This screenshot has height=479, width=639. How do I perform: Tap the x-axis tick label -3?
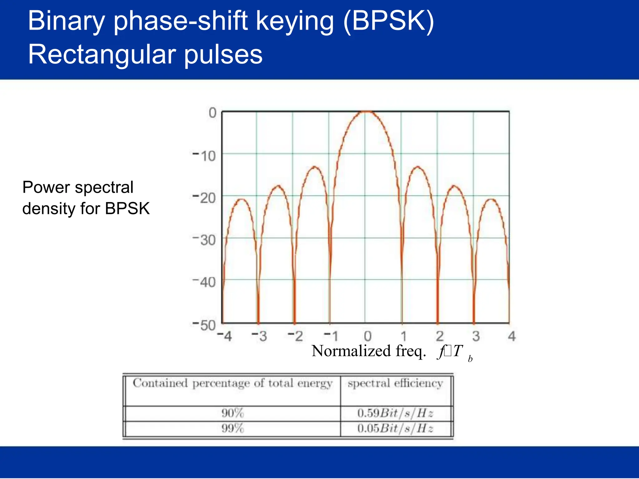[260, 336]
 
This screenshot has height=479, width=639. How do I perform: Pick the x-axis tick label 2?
[440, 336]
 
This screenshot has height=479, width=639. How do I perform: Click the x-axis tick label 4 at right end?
[512, 336]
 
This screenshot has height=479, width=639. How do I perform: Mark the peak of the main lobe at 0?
[367, 111]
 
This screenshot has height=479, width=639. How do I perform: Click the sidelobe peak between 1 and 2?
[417, 167]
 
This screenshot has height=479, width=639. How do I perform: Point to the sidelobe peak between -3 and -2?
[278, 186]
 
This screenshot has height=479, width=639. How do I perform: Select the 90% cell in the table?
[232, 413]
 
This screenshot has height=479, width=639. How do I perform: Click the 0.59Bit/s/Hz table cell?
[395, 413]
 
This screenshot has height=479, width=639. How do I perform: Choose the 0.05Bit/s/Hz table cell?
[395, 428]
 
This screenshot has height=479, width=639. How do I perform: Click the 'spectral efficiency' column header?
[395, 383]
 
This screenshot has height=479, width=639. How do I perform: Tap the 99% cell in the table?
[232, 428]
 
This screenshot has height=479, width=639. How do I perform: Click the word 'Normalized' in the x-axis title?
[352, 351]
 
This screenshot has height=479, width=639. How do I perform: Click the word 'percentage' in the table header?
[221, 384]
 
